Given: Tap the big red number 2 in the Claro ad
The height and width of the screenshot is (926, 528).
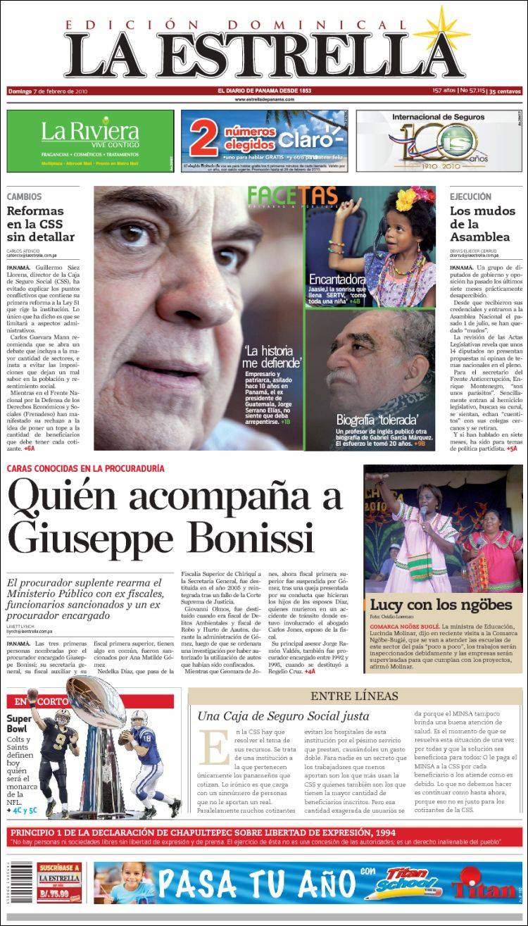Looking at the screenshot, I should click(x=206, y=140).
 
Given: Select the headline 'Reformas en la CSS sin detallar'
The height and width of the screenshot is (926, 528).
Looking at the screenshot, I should click(x=40, y=224).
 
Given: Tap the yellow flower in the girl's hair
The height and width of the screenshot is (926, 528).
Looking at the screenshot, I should click(x=408, y=199).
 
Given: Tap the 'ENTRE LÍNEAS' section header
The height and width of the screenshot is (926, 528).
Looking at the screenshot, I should click(x=354, y=696).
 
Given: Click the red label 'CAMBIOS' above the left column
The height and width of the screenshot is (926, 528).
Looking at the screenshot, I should click(x=25, y=197).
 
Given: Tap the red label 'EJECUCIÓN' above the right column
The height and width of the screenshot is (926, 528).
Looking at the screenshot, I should click(x=471, y=197).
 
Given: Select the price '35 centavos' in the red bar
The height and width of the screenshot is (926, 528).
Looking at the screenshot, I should click(x=505, y=91).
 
